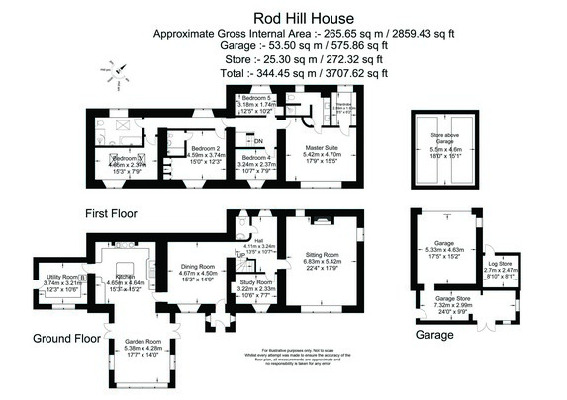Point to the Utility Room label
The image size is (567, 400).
click(58, 277)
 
